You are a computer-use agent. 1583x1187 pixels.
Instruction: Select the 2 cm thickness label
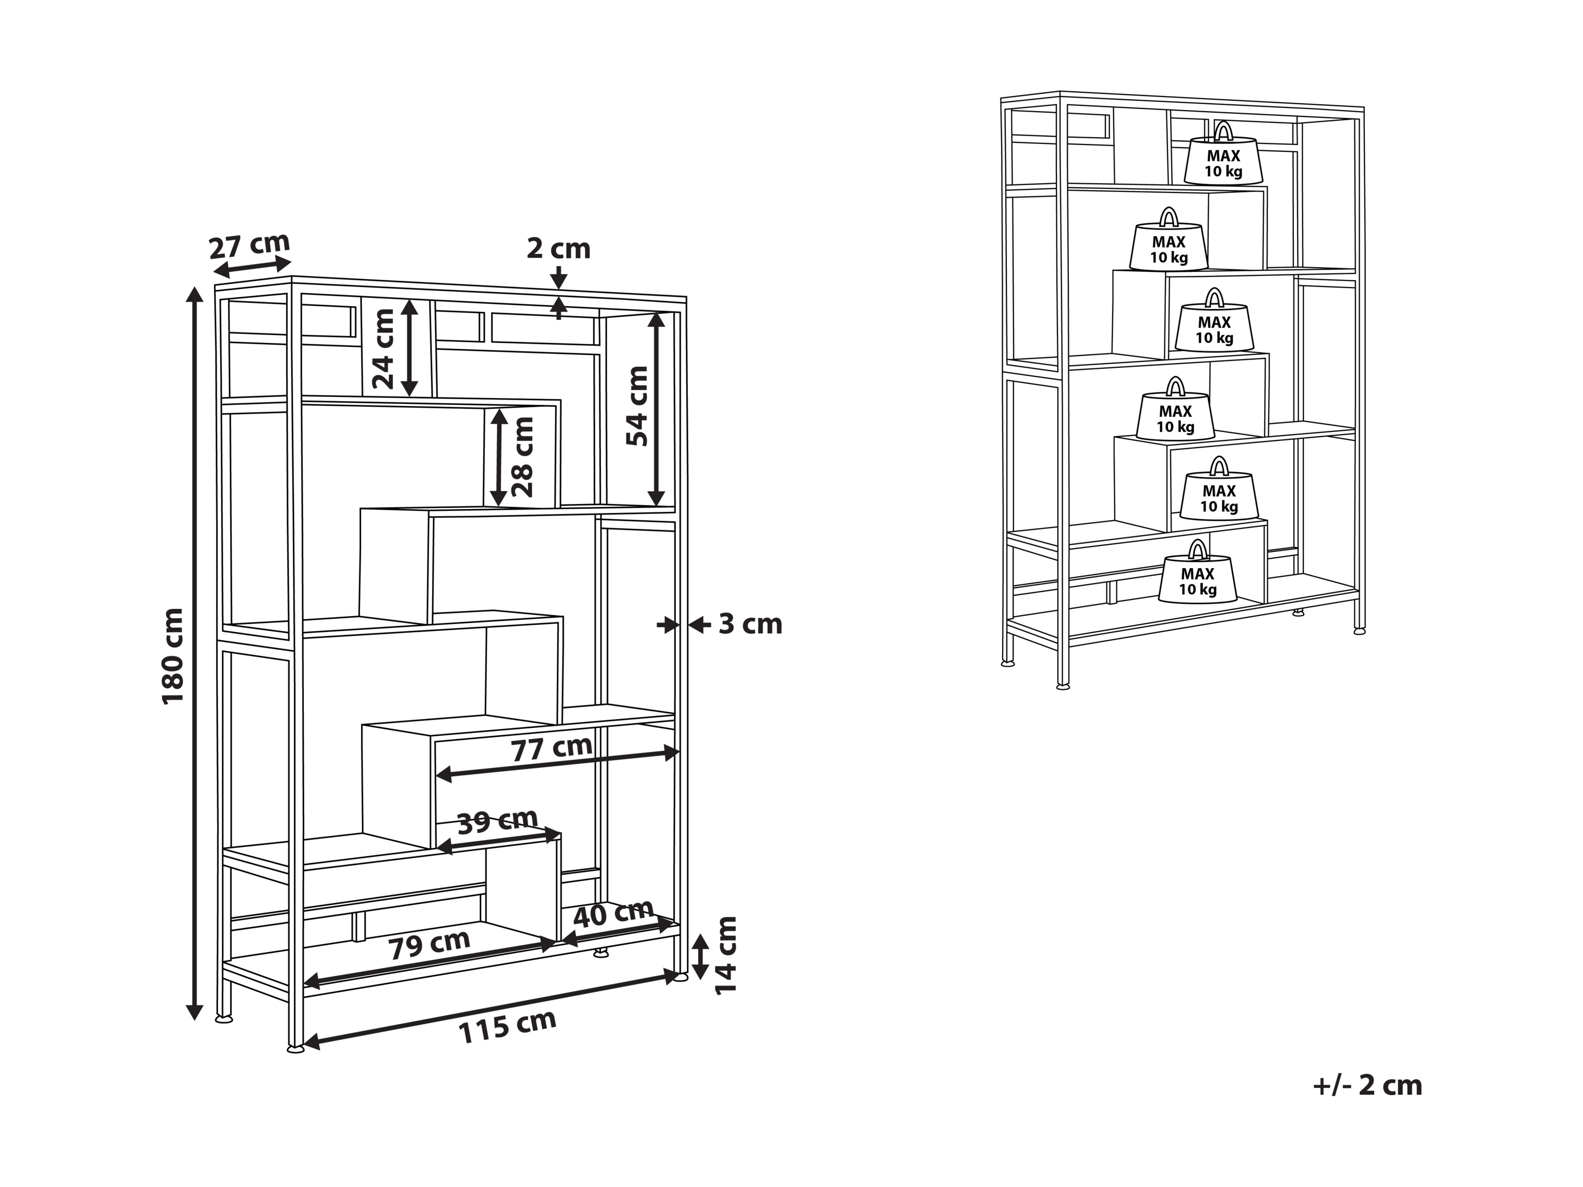pos(558,248)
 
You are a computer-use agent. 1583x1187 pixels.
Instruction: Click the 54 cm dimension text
pos(636,406)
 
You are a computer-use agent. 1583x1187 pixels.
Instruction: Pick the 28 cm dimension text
pos(523,457)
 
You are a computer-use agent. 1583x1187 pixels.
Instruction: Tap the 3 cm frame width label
pos(750,624)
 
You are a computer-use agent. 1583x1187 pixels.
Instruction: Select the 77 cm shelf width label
pos(551,748)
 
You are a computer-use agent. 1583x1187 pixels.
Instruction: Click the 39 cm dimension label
pos(497,821)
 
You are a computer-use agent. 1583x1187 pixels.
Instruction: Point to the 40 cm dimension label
pos(613,913)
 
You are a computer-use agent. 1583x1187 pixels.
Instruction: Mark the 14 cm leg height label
pos(725,954)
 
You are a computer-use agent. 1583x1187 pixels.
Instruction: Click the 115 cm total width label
pos(507,1027)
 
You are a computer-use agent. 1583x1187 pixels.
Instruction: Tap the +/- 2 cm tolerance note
pos(1367,1085)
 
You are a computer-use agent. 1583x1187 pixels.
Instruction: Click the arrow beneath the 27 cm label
pos(253,266)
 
